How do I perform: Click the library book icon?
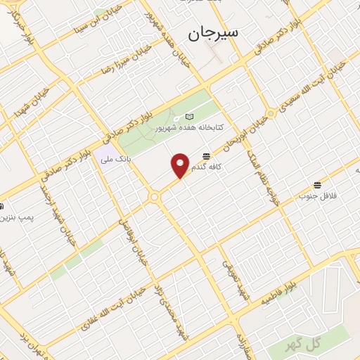(x=188, y=117)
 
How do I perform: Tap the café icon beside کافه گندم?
(x=205, y=155)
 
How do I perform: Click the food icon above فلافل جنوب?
(x=319, y=184)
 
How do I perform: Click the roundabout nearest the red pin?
(x=154, y=198)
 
